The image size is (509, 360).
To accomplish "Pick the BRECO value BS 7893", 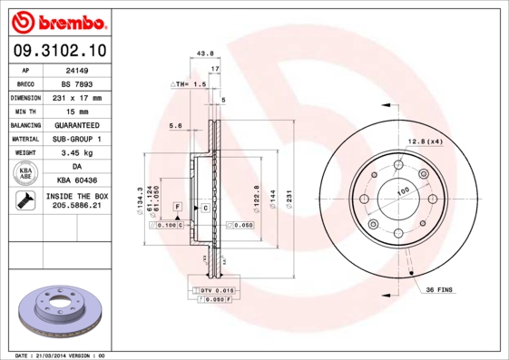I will click(75, 83).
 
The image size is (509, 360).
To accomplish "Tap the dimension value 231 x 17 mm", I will click(75, 96).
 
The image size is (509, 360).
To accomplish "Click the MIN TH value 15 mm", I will click(75, 110).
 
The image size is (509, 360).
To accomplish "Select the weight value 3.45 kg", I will click(75, 152).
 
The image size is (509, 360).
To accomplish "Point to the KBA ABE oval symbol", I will click(26, 173).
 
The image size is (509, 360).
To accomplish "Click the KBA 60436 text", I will click(75, 180).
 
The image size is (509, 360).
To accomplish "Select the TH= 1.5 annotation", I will click(190, 83).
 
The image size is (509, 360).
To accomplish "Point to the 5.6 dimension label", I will click(176, 125).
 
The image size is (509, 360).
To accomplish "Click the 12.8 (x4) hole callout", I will click(424, 141).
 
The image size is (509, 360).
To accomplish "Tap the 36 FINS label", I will click(439, 289).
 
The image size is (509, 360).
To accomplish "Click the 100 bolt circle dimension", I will click(403, 191).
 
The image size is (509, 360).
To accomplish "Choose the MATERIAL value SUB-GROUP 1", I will click(75, 138).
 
